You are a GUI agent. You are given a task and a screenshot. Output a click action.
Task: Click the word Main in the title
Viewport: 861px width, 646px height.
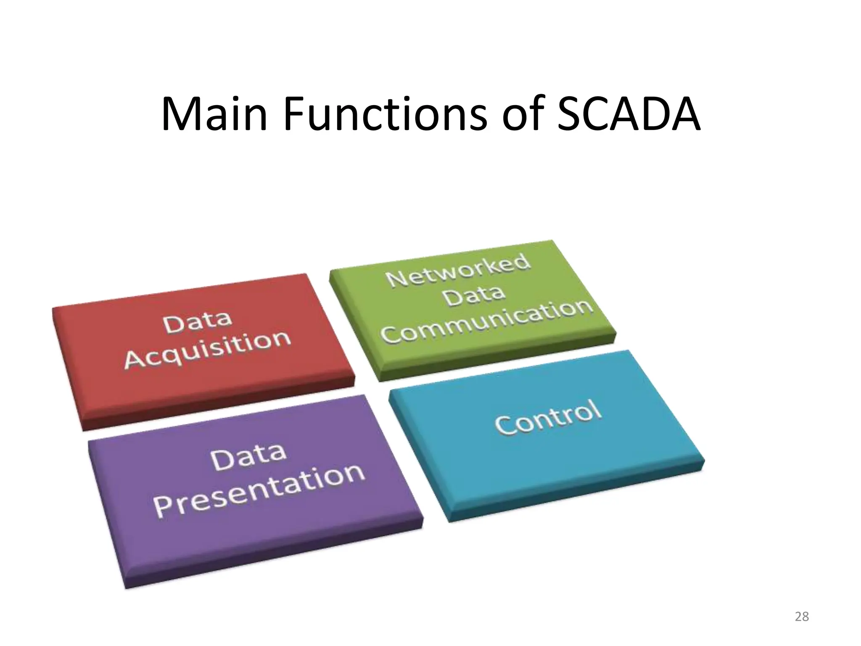[x=214, y=114]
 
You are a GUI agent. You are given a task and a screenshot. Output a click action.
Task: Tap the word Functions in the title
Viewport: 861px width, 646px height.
[x=385, y=114]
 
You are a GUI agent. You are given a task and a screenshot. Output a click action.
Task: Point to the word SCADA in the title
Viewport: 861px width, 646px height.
[x=628, y=114]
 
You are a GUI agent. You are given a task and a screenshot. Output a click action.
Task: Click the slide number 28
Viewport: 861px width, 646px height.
[x=802, y=617]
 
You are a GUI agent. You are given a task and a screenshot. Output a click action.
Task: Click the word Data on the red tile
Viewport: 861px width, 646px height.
[x=198, y=321]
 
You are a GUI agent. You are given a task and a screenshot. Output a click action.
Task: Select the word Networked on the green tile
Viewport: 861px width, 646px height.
[x=458, y=270]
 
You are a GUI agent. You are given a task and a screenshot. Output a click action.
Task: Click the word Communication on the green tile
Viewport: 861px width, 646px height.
[x=488, y=320]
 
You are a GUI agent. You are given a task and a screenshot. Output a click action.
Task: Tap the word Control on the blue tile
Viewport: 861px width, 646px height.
[x=548, y=417]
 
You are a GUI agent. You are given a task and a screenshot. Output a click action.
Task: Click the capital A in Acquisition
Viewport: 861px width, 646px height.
[x=135, y=360]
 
